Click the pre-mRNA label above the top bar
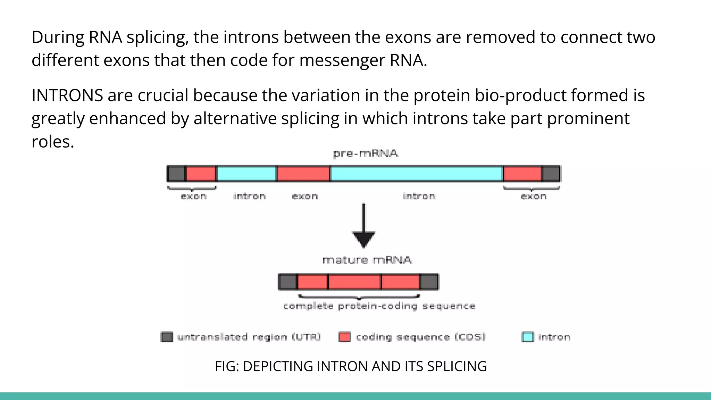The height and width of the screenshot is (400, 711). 365,153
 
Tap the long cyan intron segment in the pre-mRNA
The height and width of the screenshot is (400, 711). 417,174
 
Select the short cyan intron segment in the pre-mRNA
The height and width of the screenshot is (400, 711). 246,174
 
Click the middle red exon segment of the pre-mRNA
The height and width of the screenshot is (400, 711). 303,174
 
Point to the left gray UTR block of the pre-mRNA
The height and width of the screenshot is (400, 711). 176,174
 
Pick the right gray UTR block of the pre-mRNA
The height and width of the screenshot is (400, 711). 551,174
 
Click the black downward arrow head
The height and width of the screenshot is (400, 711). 363,239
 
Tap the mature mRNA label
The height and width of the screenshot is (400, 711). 367,260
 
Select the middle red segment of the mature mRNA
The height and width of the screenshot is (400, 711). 354,282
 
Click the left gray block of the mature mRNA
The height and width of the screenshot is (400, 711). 288,282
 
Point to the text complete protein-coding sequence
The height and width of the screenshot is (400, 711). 379,306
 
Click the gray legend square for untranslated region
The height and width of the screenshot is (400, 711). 167,337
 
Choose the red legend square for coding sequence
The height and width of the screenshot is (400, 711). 344,337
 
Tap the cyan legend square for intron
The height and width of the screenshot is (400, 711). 527,337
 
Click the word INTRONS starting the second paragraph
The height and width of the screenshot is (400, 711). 67,95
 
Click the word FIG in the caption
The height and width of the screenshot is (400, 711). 225,366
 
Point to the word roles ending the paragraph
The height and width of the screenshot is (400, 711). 53,142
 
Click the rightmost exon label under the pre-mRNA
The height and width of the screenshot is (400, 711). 534,197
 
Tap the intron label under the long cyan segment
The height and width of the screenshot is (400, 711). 419,197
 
